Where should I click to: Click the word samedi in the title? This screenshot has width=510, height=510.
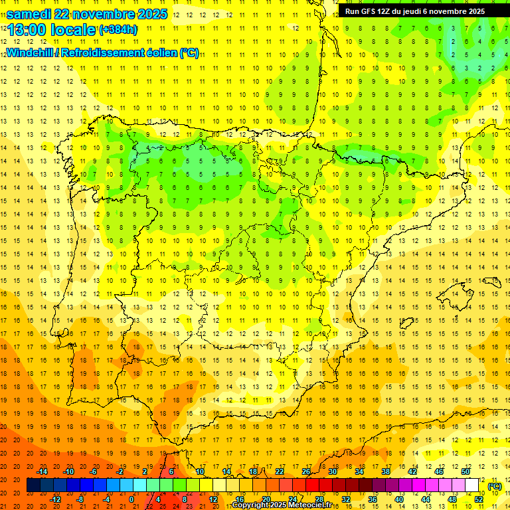pos(29,14)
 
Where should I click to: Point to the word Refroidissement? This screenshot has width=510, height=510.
pos(109,53)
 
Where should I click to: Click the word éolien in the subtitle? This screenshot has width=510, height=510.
pos(163,53)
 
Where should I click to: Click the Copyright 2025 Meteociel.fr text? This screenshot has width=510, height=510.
pos(282,505)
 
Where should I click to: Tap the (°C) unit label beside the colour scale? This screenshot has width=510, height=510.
pos(495,486)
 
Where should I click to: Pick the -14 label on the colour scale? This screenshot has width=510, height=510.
pos(42,471)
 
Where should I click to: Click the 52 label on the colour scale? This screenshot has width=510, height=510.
pos(479,499)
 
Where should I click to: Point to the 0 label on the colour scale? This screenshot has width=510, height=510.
pos(131,499)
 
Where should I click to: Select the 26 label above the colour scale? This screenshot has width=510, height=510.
pos(306,471)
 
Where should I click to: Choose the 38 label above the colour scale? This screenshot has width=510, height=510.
pos(385,471)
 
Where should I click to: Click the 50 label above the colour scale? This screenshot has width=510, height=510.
pos(465,471)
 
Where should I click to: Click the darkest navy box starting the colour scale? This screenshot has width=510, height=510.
pos(33,485)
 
